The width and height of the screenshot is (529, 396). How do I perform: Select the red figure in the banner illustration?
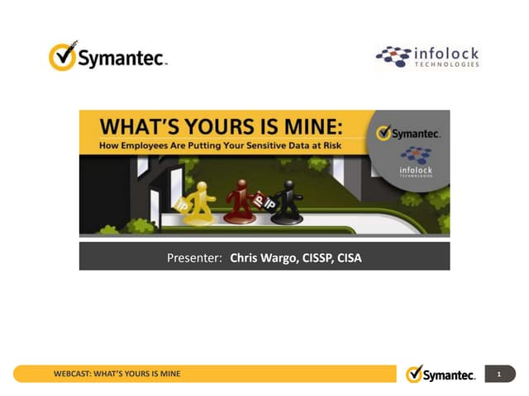(x=241, y=201)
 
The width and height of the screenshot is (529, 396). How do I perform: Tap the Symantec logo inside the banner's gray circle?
(x=407, y=133)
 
